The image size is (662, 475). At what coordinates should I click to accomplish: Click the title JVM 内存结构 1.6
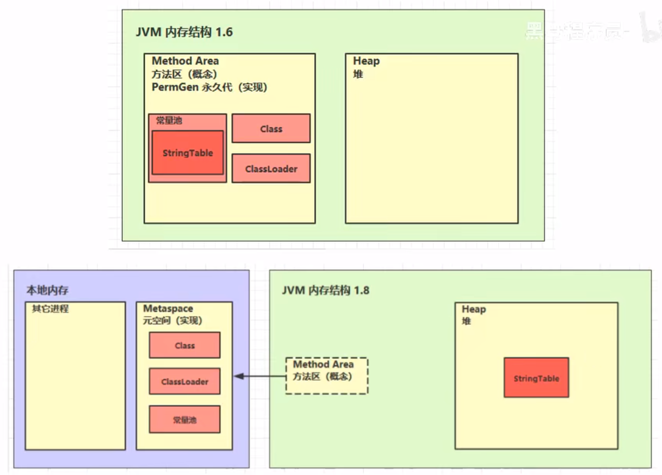184,32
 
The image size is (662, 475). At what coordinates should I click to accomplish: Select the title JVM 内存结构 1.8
326,290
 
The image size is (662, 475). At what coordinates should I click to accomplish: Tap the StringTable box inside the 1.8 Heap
536,378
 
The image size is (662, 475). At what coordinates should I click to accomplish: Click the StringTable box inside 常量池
188,153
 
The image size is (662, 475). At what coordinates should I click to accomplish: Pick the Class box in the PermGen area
271,129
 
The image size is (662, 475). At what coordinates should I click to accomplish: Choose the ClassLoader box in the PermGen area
271,169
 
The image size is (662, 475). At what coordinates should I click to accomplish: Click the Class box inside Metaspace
184,346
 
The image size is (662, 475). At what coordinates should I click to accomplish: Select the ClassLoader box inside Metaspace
184,382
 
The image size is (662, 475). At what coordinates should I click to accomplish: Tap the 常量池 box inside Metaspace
184,420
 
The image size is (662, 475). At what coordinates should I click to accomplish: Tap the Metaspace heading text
168,309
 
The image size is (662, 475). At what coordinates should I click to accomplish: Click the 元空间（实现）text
173,321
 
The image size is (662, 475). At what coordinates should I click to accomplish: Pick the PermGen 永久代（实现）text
209,87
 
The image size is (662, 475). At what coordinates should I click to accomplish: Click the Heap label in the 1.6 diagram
366,61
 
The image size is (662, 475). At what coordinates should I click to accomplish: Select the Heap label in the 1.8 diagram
473,309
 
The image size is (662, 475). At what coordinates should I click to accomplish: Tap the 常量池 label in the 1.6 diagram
169,121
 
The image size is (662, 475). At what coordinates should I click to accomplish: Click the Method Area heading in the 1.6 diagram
185,61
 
